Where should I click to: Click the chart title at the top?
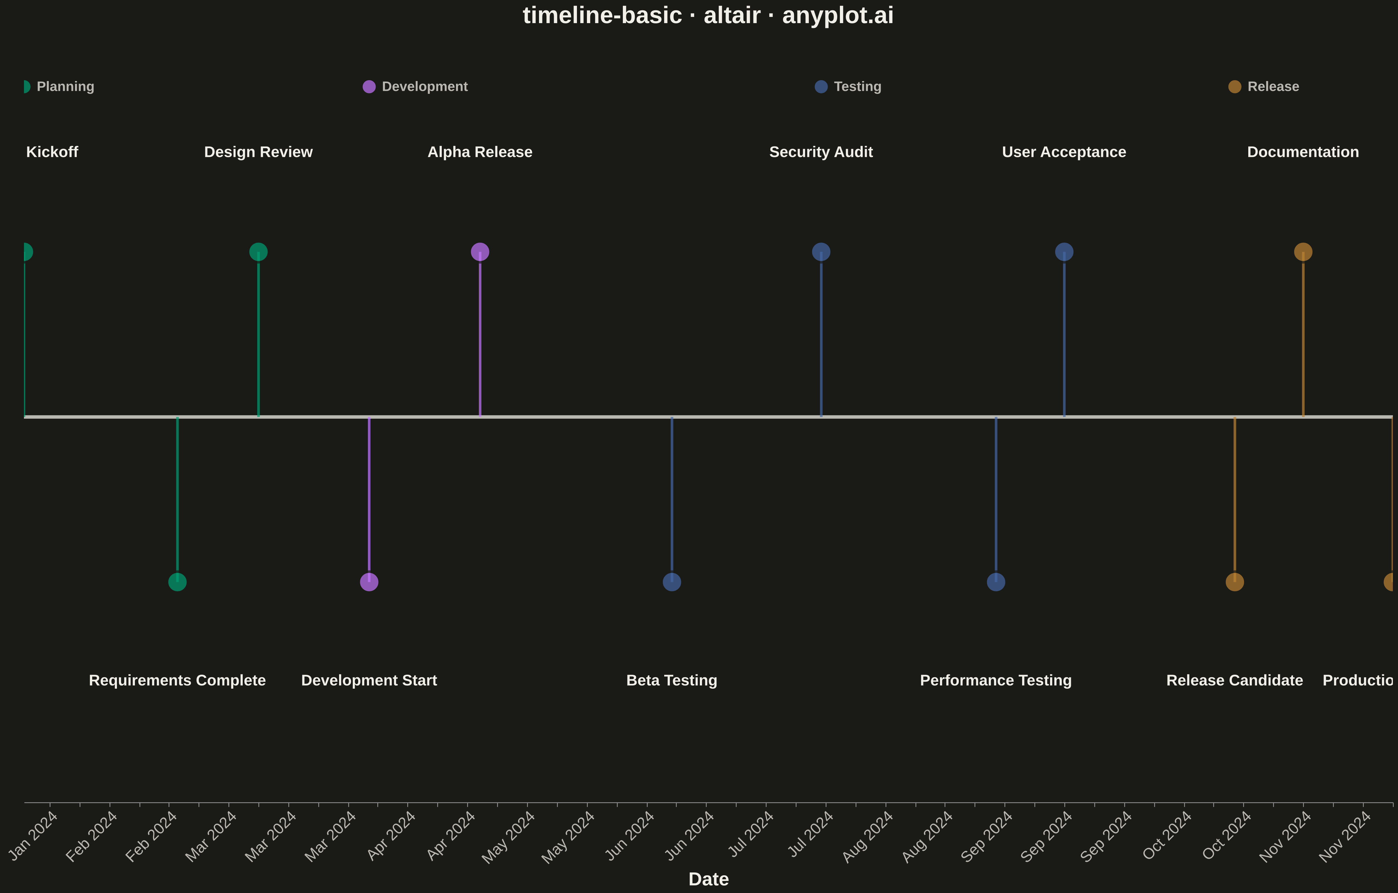pos(708,16)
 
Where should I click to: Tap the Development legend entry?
pos(415,86)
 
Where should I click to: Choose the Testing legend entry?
pos(848,86)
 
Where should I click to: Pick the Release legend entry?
pos(1264,86)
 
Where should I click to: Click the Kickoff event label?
pos(52,152)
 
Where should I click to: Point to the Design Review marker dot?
pos(258,252)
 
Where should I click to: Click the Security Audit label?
pos(821,152)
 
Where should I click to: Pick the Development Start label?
pos(369,680)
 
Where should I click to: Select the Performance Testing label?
pos(996,680)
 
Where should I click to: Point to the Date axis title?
pos(708,879)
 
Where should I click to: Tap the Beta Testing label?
pos(672,680)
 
